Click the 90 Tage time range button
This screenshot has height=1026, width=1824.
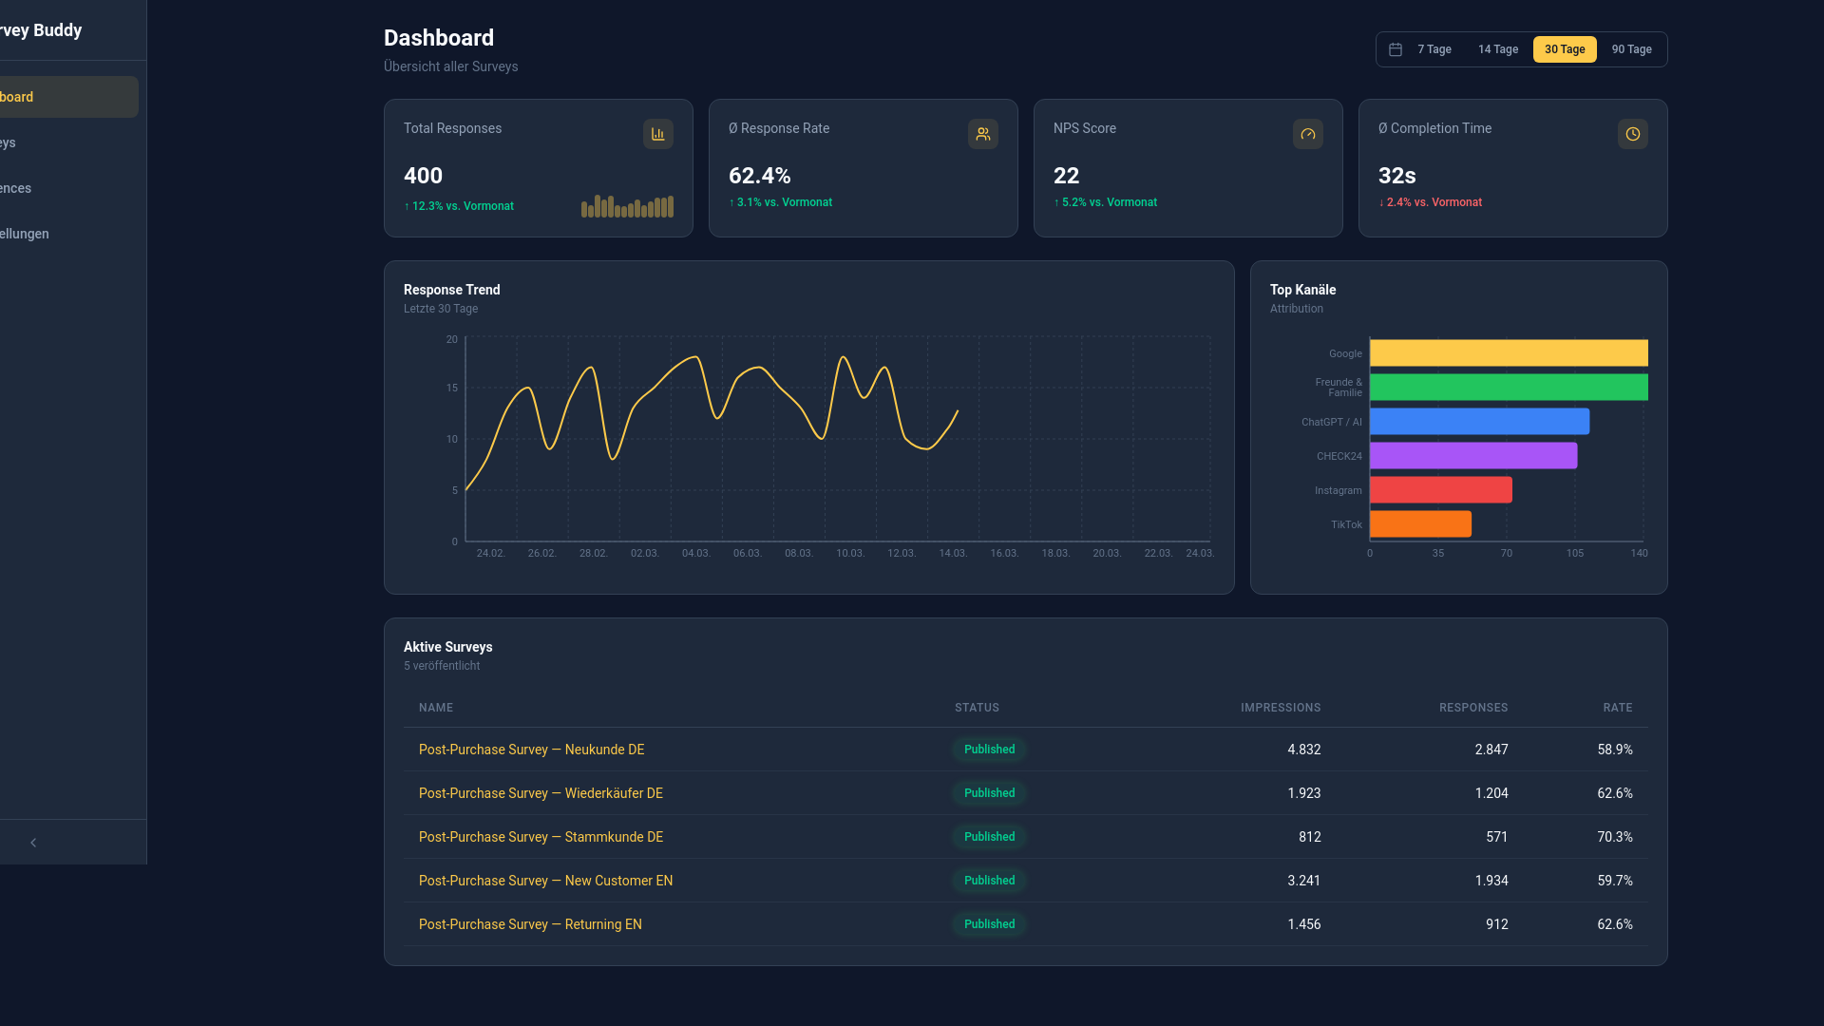1631,49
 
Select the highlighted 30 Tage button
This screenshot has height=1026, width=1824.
1564,49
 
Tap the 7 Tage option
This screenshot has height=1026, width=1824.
1434,49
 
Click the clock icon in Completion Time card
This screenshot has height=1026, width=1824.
1632,134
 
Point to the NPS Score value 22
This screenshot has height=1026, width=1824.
1066,176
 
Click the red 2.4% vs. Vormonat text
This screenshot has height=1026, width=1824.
1430,202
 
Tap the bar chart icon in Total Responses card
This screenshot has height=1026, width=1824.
657,134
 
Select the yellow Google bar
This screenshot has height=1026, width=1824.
1508,353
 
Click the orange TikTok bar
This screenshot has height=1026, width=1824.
1420,524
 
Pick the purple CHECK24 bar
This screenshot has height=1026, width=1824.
1472,456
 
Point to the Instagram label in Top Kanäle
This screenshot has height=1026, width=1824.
1338,491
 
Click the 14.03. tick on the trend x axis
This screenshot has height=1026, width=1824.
952,553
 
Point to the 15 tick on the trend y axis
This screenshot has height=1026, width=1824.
452,388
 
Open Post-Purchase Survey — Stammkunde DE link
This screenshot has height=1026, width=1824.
541,837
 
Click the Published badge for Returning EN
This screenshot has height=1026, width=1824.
989,924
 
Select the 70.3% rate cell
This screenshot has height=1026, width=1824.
1614,837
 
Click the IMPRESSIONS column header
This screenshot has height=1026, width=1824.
1280,708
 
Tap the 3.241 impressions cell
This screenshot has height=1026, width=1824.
1303,881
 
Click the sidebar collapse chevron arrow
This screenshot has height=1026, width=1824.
33,843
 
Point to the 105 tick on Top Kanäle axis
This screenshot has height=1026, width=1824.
1574,553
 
